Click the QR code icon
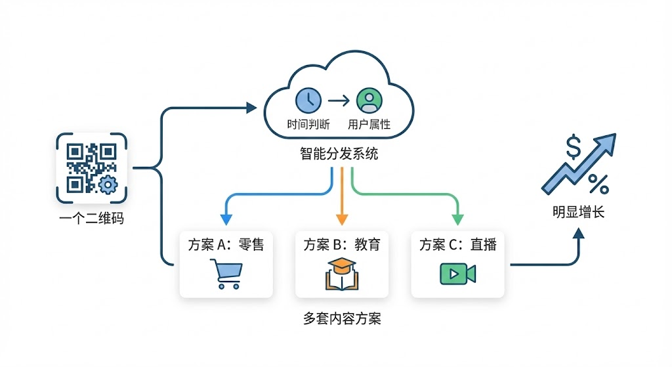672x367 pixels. point(91,168)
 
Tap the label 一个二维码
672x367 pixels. point(91,219)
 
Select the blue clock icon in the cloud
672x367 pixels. point(308,100)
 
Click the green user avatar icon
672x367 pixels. point(368,100)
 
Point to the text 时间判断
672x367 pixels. point(308,124)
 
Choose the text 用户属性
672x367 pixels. point(369,124)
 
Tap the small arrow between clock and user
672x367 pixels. point(338,100)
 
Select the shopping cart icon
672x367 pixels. point(225,273)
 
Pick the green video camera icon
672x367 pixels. point(457,273)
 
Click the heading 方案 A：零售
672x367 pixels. point(225,245)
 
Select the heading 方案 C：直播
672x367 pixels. point(457,245)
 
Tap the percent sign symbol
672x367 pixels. point(597,184)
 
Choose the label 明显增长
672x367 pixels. point(578,213)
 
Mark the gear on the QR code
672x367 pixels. point(106,184)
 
